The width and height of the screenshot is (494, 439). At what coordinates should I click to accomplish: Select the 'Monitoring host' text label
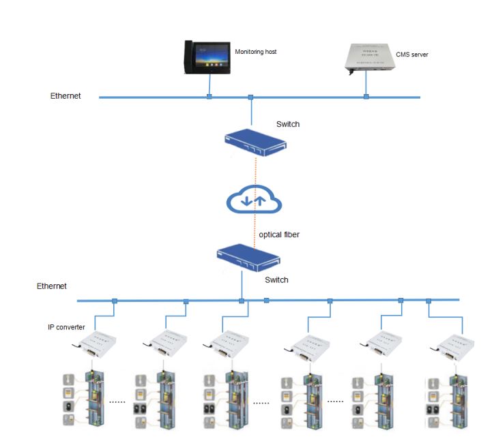[x=255, y=52]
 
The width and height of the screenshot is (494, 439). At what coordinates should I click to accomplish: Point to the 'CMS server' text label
[x=412, y=55]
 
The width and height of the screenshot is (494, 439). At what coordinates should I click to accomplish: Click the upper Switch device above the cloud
[x=255, y=140]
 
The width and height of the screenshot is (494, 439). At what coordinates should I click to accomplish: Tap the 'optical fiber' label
[x=279, y=234]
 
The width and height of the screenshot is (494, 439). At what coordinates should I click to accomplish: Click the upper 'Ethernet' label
[x=66, y=96]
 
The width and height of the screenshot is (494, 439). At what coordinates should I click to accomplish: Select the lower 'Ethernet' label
[x=52, y=286]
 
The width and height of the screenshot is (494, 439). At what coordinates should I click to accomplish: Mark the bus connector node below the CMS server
[x=366, y=97]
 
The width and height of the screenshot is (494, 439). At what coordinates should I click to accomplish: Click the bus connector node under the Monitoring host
[x=209, y=97]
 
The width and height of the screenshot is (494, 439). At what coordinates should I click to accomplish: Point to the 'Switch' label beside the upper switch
[x=288, y=124]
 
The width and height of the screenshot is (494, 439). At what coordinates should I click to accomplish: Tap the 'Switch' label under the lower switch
[x=276, y=280]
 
